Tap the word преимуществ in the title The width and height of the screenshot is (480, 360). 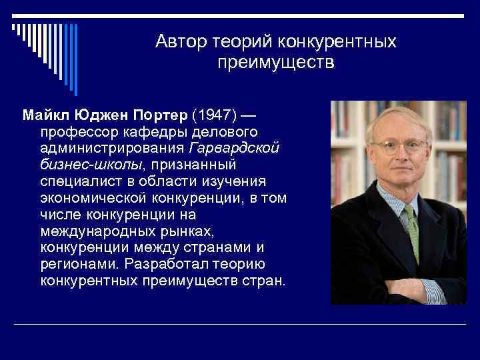[x=275, y=63]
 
